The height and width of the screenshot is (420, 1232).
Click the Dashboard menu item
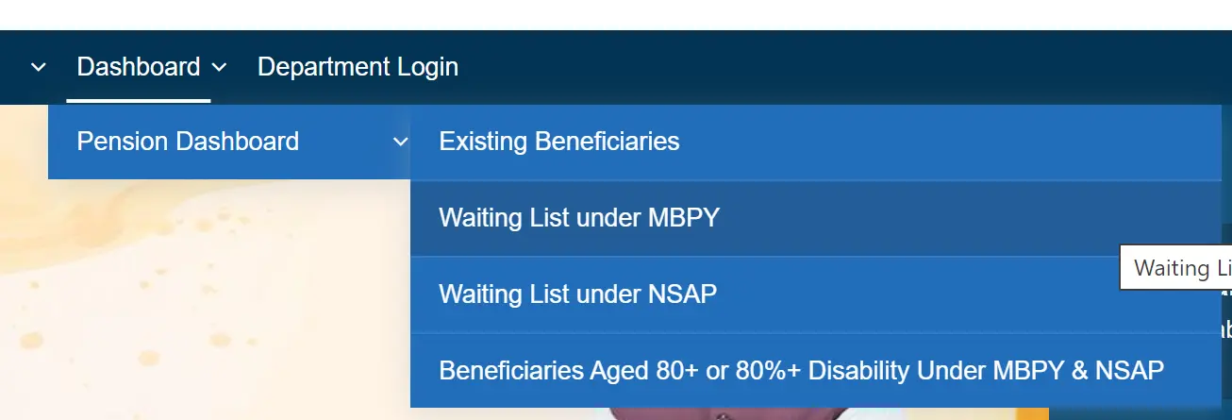coord(138,67)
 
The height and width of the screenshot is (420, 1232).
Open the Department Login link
coord(358,67)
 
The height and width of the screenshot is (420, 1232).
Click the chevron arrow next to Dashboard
coord(219,67)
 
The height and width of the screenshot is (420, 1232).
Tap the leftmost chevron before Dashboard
coord(39,67)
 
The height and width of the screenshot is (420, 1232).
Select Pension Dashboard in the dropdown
coord(188,142)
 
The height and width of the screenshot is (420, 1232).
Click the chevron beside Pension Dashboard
coord(400,142)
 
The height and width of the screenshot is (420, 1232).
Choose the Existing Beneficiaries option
coord(559,142)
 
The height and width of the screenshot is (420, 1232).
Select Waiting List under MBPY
coord(579,218)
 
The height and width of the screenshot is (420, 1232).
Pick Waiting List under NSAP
coord(577,294)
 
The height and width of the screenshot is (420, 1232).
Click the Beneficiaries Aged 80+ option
coord(801,370)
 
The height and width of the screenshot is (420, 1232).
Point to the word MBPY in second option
coord(684,218)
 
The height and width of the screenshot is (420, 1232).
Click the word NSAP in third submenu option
coord(682,294)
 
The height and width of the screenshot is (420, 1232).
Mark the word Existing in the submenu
coord(483,142)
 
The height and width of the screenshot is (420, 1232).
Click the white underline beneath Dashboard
coord(138,100)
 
